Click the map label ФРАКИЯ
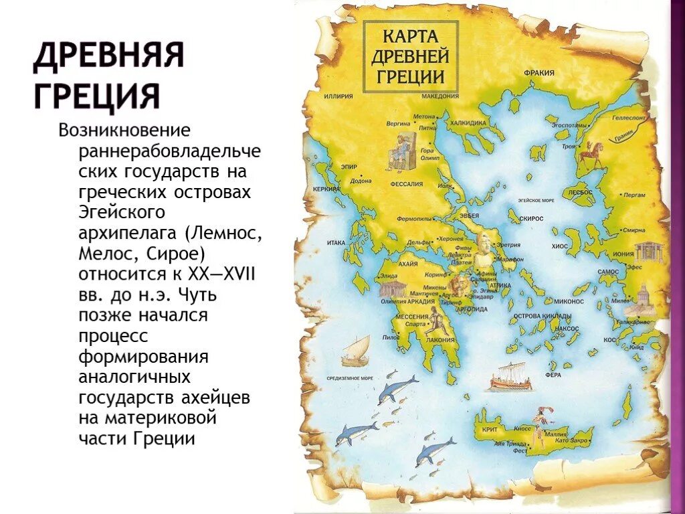539,72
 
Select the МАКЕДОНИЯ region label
440,96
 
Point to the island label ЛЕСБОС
581,192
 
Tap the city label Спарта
415,324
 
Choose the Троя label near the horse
568,146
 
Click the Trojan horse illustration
591,154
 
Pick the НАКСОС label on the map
567,329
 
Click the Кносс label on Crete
522,428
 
